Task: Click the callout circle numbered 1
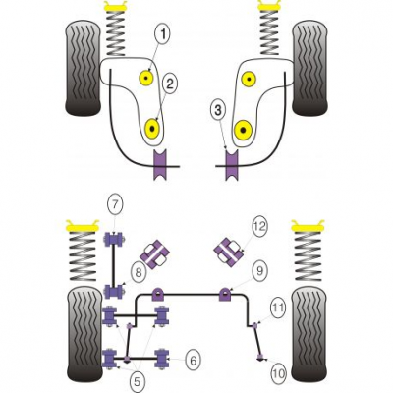point(164,34)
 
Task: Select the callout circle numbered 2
point(169,84)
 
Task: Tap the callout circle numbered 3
point(218,111)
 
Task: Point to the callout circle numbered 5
point(137,381)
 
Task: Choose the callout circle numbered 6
point(193,361)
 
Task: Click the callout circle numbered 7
point(115,204)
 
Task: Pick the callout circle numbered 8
point(139,272)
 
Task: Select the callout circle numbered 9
point(259,270)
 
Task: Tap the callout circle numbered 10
point(279,373)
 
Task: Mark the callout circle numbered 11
point(278,308)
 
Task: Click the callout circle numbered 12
point(259,226)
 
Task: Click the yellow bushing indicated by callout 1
point(146,78)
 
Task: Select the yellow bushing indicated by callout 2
point(152,128)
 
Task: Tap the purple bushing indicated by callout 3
point(233,164)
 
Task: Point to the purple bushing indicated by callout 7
point(114,239)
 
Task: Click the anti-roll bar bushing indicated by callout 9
point(225,294)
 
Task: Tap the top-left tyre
point(83,68)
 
